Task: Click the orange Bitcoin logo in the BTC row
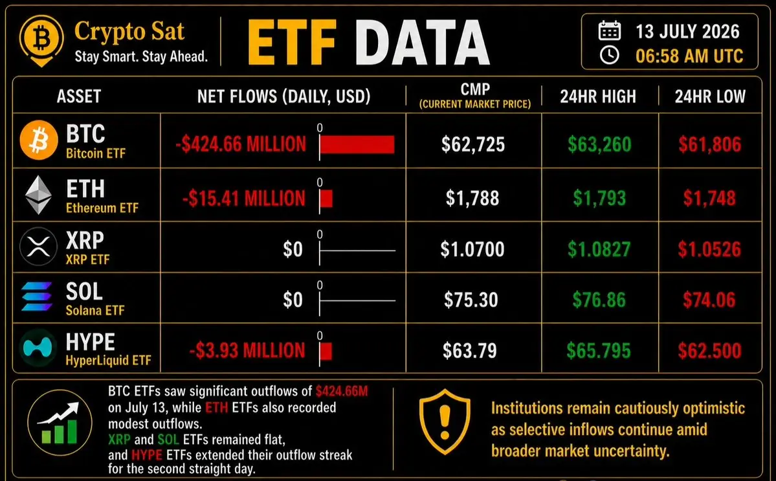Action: (39, 140)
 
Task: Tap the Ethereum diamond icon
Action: (39, 195)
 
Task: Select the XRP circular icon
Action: (39, 247)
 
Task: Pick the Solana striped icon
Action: (37, 296)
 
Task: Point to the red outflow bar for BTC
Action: (357, 144)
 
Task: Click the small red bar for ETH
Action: (326, 199)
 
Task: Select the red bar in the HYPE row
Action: (326, 351)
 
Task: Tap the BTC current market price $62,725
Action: (473, 144)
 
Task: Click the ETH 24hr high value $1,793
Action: (599, 199)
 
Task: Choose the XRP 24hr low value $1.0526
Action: (709, 249)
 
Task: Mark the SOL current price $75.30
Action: (471, 300)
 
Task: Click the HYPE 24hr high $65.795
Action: (599, 351)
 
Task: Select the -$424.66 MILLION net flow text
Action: (241, 144)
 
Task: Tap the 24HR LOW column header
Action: (710, 96)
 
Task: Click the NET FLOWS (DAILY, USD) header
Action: (283, 96)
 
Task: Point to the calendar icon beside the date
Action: (609, 30)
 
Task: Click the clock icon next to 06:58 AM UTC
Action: (609, 55)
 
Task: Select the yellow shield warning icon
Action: (445, 421)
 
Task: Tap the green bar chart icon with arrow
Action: (60, 423)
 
